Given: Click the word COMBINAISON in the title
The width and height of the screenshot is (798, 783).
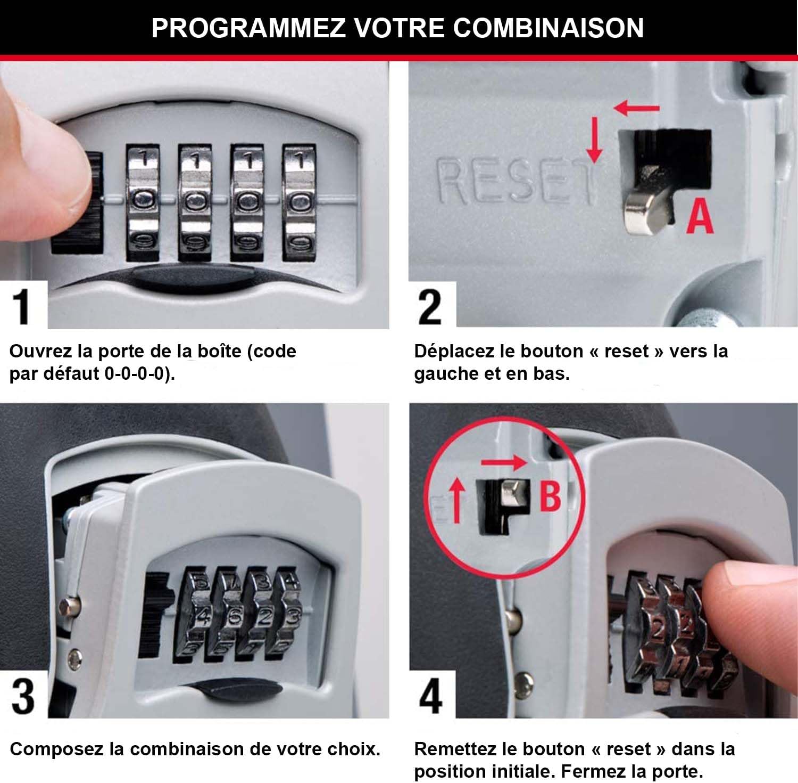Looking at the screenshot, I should [548, 28].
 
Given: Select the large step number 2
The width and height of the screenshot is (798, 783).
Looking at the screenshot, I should [430, 307].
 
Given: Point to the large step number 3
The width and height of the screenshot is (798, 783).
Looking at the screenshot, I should [23, 697].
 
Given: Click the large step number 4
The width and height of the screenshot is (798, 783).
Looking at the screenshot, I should [430, 697].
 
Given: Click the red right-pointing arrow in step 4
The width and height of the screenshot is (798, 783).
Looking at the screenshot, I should [503, 462].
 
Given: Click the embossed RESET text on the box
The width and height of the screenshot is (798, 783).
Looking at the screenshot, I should [513, 181].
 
